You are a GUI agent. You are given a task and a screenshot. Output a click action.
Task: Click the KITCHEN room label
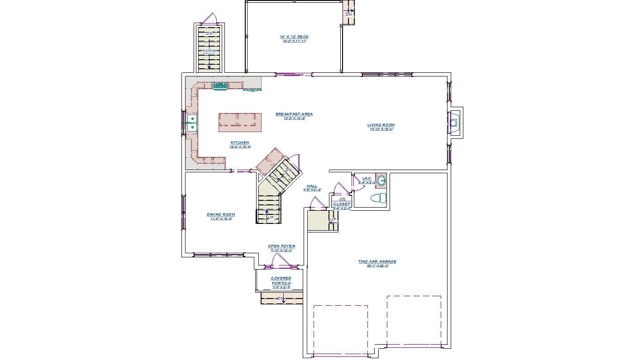(240, 143)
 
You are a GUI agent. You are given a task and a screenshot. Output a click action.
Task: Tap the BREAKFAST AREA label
(294, 114)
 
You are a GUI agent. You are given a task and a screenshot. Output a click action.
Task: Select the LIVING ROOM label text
(381, 125)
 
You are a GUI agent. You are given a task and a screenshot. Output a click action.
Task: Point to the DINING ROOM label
(221, 215)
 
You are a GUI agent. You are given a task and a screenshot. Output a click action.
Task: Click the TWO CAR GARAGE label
(377, 262)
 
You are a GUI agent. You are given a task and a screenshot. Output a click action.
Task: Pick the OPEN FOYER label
(281, 246)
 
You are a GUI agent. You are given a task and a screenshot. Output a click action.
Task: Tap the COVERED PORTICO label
(281, 281)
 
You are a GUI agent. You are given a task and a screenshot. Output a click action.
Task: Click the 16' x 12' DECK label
(294, 37)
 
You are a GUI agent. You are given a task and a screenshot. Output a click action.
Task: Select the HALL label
(312, 186)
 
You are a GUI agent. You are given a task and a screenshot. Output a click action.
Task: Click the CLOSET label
(342, 204)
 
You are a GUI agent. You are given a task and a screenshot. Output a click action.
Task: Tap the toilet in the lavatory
(378, 198)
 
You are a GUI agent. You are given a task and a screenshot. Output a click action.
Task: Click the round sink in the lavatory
(381, 180)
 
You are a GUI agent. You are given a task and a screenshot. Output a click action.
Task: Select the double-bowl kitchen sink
(192, 123)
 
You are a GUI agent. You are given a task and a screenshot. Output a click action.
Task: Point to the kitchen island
(240, 122)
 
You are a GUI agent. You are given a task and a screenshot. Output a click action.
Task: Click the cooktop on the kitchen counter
(220, 85)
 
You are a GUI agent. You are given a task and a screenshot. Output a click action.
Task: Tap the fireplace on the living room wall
(454, 123)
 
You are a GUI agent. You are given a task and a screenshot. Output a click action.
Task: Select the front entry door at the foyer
(281, 261)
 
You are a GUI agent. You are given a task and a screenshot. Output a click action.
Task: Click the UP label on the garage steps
(333, 220)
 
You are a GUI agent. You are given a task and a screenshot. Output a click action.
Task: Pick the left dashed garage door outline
(340, 330)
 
